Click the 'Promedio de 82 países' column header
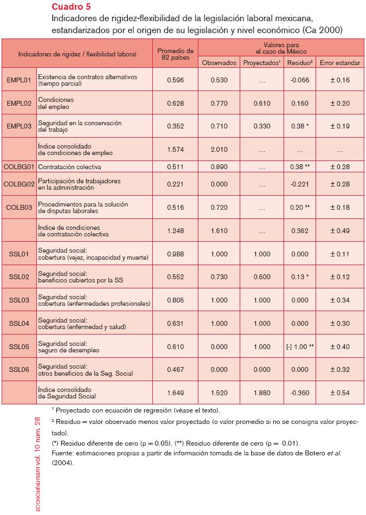[x=175, y=54]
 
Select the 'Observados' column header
[x=219, y=63]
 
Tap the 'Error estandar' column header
[x=339, y=63]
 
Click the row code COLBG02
[x=19, y=184]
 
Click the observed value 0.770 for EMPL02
[x=219, y=103]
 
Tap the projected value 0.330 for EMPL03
[x=262, y=126]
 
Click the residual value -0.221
[x=300, y=184]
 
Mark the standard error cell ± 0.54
[x=339, y=392]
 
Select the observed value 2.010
[x=219, y=149]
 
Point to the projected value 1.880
[x=262, y=392]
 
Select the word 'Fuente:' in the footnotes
[x=62, y=453]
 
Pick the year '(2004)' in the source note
[x=62, y=463]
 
